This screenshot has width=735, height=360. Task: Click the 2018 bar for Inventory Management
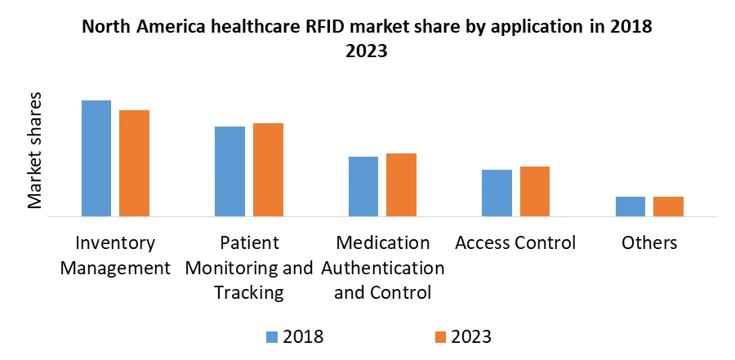tap(96, 158)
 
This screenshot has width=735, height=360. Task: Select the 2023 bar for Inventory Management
tap(134, 163)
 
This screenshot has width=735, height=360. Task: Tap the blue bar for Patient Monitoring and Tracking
tap(229, 171)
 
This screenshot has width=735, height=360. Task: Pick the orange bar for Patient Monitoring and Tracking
tap(268, 170)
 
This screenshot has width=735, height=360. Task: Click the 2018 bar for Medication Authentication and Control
tap(363, 186)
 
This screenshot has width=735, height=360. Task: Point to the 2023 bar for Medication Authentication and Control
tap(401, 184)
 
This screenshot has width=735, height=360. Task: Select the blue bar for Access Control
tap(497, 193)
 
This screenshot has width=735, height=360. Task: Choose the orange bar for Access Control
tap(534, 191)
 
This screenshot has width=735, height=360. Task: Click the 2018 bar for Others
tap(630, 207)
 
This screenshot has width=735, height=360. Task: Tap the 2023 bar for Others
tap(668, 207)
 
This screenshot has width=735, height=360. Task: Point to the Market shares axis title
tap(36, 151)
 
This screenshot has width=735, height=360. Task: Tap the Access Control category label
tap(515, 243)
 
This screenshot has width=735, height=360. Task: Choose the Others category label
tap(649, 243)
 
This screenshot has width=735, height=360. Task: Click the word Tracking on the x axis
tap(249, 292)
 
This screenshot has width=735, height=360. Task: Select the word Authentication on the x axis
tap(383, 268)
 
